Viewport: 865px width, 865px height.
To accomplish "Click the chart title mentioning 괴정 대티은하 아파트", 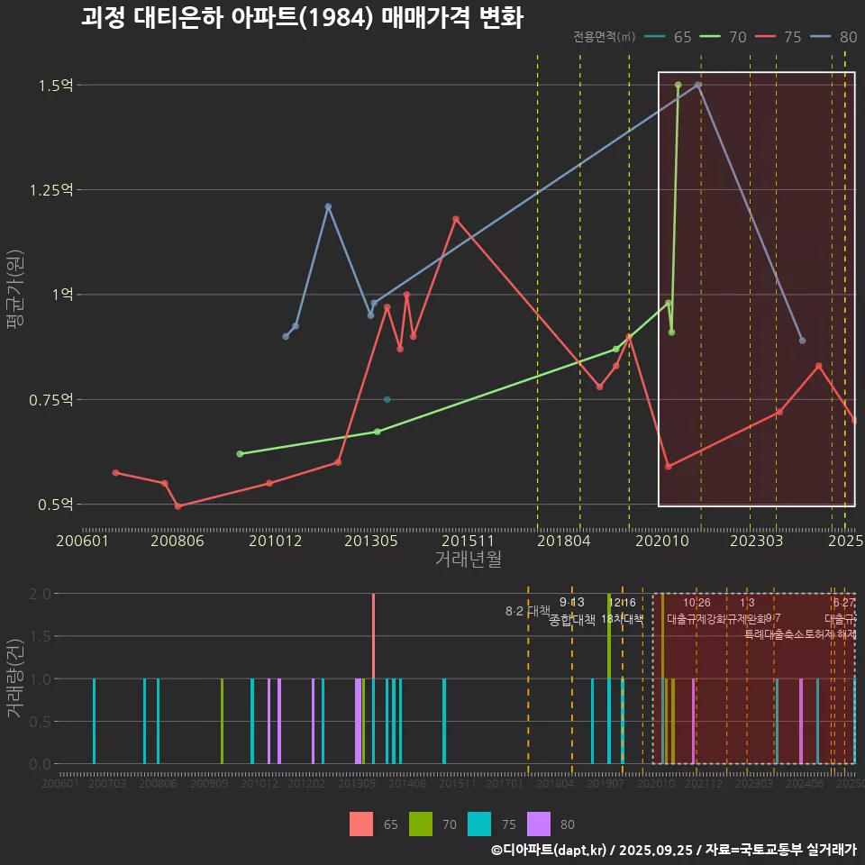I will [301, 19].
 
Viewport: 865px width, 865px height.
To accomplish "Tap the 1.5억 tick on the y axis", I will [55, 86].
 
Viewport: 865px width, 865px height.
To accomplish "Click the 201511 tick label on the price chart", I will [467, 542].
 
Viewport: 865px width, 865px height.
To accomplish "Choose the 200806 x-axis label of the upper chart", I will [178, 542].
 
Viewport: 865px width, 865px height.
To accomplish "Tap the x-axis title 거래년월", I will [468, 560].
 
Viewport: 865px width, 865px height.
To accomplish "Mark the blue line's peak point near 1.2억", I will [328, 206].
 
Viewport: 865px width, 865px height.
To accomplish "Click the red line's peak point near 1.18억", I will [456, 219].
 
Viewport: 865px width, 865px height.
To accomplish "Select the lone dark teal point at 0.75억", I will [387, 399].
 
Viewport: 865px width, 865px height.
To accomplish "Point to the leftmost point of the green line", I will [240, 454].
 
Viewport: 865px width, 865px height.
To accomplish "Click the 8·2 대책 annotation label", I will [527, 611].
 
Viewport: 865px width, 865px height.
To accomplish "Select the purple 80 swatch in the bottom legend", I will [539, 824].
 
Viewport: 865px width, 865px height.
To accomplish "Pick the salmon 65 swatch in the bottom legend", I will [361, 824].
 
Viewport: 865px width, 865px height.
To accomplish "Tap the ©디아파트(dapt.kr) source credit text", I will [549, 850].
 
